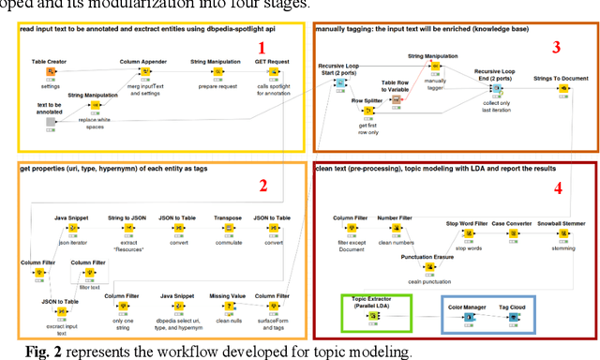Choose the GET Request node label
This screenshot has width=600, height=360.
[271, 61]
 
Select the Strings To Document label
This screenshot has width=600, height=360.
[560, 79]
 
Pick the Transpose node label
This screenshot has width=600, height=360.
[227, 217]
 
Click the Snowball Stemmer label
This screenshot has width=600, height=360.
[561, 223]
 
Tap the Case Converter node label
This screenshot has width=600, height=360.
[513, 223]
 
